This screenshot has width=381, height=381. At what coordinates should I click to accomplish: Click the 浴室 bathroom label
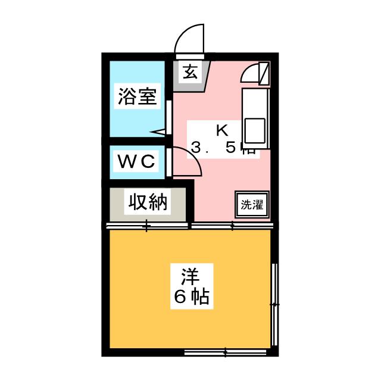click(138, 96)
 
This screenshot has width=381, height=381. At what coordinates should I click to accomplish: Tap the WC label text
click(136, 161)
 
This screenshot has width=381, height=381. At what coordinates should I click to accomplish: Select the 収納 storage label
click(146, 203)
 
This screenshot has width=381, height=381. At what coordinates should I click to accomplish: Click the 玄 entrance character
click(190, 73)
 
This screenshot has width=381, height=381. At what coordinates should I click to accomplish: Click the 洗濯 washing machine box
click(252, 204)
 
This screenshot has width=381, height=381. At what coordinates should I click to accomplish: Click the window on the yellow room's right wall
click(274, 304)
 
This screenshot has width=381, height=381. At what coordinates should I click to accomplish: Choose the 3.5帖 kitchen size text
click(223, 149)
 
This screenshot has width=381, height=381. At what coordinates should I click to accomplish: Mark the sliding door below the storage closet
click(147, 226)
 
